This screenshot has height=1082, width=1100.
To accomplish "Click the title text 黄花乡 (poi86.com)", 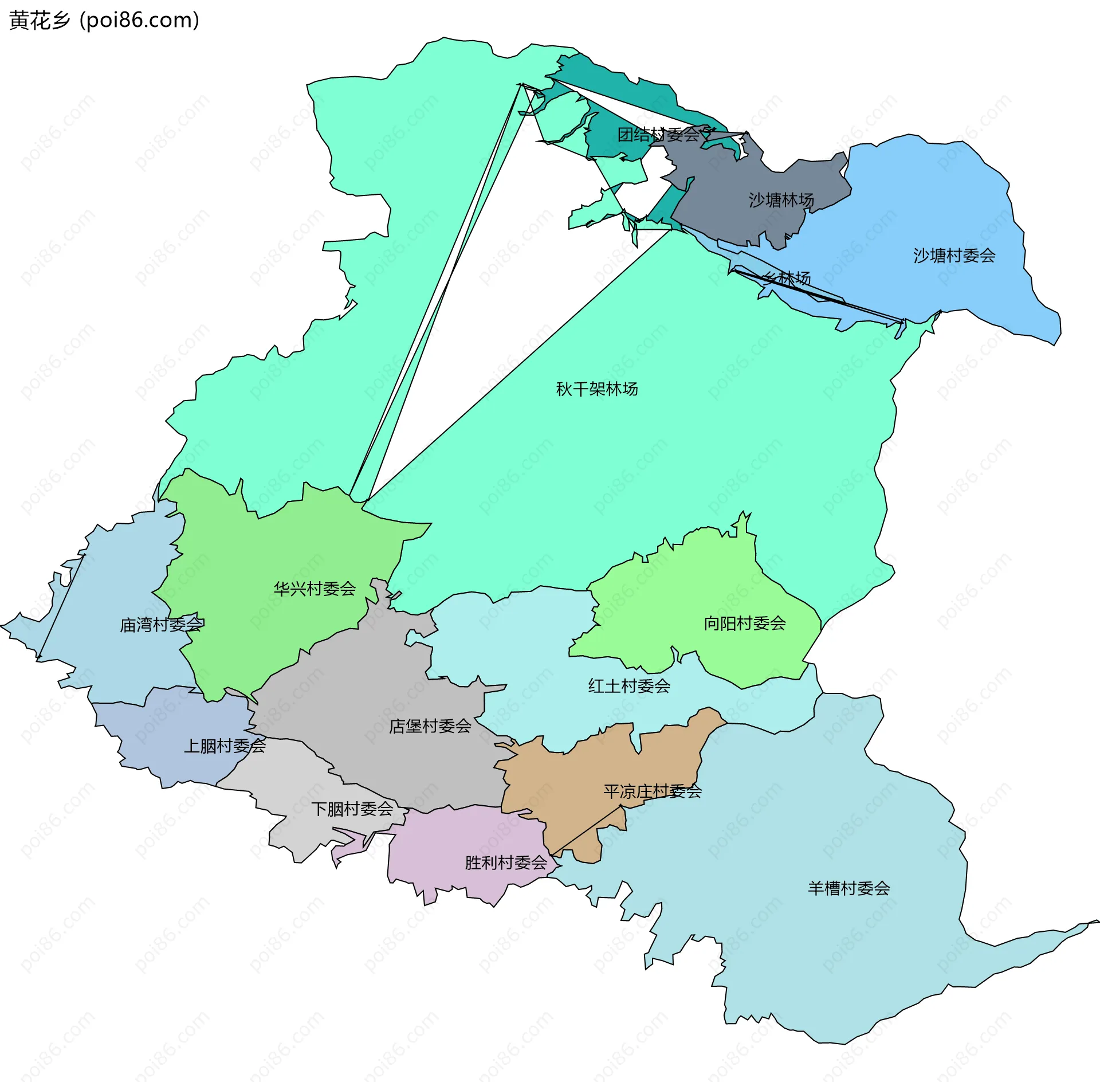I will tap(104, 20).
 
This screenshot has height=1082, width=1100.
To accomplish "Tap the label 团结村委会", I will tap(659, 135).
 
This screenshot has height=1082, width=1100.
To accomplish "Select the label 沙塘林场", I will tap(781, 200).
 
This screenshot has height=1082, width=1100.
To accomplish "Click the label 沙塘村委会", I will tap(954, 256).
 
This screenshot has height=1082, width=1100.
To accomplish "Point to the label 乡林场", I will tap(787, 279).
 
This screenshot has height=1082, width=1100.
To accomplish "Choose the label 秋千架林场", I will tap(597, 389).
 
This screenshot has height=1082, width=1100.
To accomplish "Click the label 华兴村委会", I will tap(315, 589).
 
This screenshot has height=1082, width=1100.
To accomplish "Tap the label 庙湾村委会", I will tap(162, 625).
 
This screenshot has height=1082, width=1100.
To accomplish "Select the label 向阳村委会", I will tap(745, 623).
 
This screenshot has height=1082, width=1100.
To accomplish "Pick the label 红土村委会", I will tap(629, 686).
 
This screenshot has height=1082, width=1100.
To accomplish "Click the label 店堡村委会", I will tap(430, 726).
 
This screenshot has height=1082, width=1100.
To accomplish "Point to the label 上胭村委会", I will tap(225, 746).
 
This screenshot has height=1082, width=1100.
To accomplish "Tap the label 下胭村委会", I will tap(352, 809).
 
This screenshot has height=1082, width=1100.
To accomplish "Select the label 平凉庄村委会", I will tap(653, 791).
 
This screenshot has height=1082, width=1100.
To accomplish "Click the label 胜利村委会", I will tap(506, 863).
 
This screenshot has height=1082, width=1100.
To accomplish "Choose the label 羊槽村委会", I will tap(849, 888).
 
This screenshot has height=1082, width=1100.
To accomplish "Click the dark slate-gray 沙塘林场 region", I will tap(739, 218).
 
